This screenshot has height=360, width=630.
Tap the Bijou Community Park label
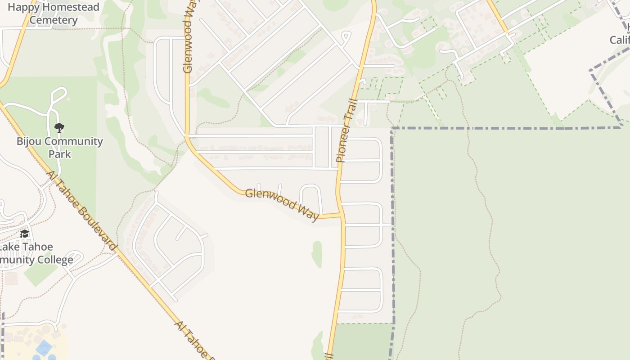[x=60, y=148]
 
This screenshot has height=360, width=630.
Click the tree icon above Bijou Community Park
[x=59, y=128]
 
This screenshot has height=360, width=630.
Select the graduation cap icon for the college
[x=25, y=234]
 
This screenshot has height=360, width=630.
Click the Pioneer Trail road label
[x=346, y=130]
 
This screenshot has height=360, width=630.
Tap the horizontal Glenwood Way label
[x=282, y=204]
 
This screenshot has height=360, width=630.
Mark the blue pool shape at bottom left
[x=44, y=348]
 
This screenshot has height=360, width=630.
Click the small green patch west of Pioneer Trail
[x=317, y=254]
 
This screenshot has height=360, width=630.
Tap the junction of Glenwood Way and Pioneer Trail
[x=341, y=215]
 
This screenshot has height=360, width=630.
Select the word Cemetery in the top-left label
[x=54, y=20]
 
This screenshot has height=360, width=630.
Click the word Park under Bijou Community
[x=60, y=154]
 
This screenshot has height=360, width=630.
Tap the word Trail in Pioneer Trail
[x=350, y=112]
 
